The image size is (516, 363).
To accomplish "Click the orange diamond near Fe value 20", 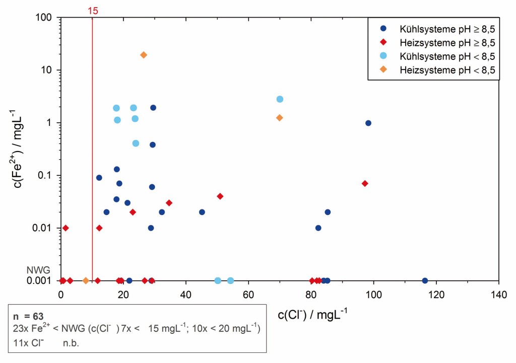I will pyautogui.click(x=144, y=55).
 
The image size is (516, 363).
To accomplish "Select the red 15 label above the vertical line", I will pyautogui.click(x=92, y=10).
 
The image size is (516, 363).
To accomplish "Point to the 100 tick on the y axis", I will pyautogui.click(x=45, y=18).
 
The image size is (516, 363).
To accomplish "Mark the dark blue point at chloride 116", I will pyautogui.click(x=425, y=280).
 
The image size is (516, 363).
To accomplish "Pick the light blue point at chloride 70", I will pyautogui.click(x=280, y=99).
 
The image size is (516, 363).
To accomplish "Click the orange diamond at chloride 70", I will pyautogui.click(x=280, y=118).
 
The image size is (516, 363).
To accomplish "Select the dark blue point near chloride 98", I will pyautogui.click(x=368, y=123).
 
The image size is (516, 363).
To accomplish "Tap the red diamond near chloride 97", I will pyautogui.click(x=365, y=183).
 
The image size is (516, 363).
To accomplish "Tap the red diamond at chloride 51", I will pyautogui.click(x=220, y=196).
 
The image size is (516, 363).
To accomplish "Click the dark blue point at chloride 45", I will pyautogui.click(x=202, y=212).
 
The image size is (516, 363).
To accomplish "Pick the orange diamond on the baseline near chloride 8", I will pyautogui.click(x=86, y=280).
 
